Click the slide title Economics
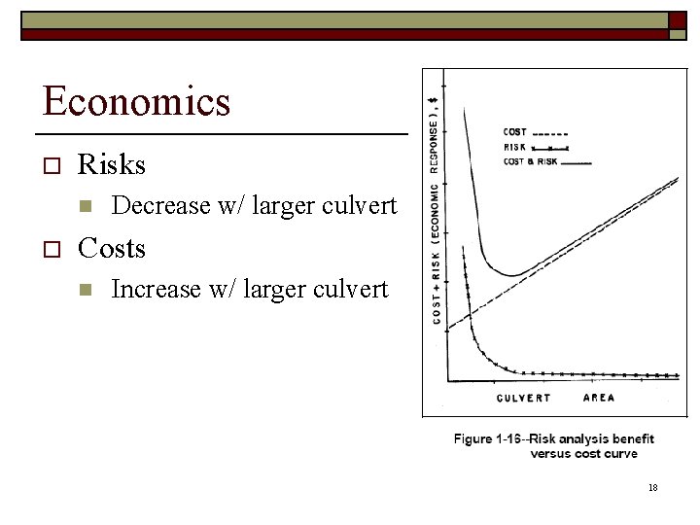tap(136, 101)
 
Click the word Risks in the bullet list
tap(111, 165)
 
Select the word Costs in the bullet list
tap(111, 249)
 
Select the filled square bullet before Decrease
tap(85, 207)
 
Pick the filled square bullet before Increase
tap(85, 290)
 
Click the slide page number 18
tap(652, 487)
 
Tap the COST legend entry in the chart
tap(515, 132)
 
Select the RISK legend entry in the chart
tap(515, 147)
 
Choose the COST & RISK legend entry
tap(530, 161)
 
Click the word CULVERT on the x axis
tap(523, 398)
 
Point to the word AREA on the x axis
tap(598, 398)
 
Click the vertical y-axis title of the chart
tap(436, 204)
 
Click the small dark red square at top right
tap(677, 20)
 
